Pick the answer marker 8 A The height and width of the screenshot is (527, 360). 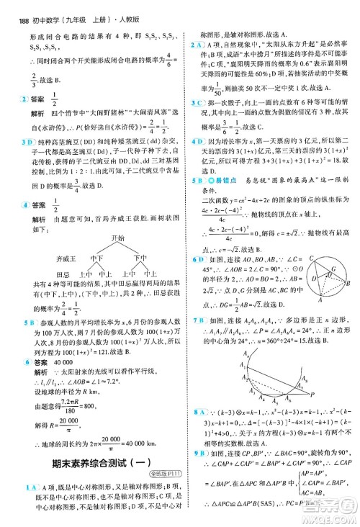point(195,431)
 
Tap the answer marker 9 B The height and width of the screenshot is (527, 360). point(195,470)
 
